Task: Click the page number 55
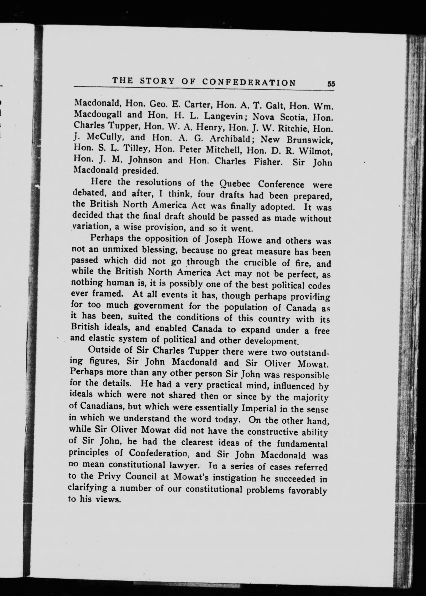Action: point(331,84)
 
